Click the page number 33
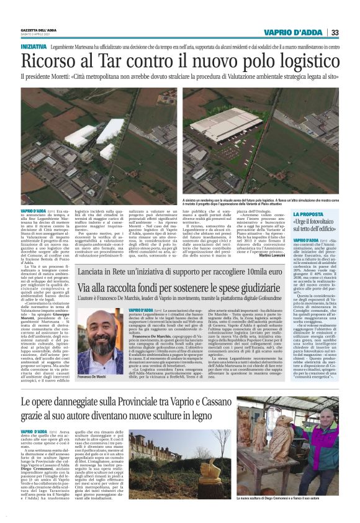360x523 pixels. pyautogui.click(x=335, y=32)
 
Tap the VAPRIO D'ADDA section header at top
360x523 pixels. pyautogui.click(x=292, y=32)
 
